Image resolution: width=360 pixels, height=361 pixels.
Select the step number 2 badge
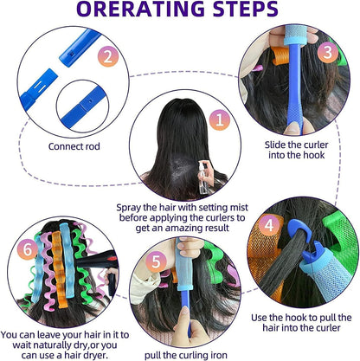click(x=106, y=58)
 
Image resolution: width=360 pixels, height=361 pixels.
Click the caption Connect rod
click(x=74, y=145)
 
